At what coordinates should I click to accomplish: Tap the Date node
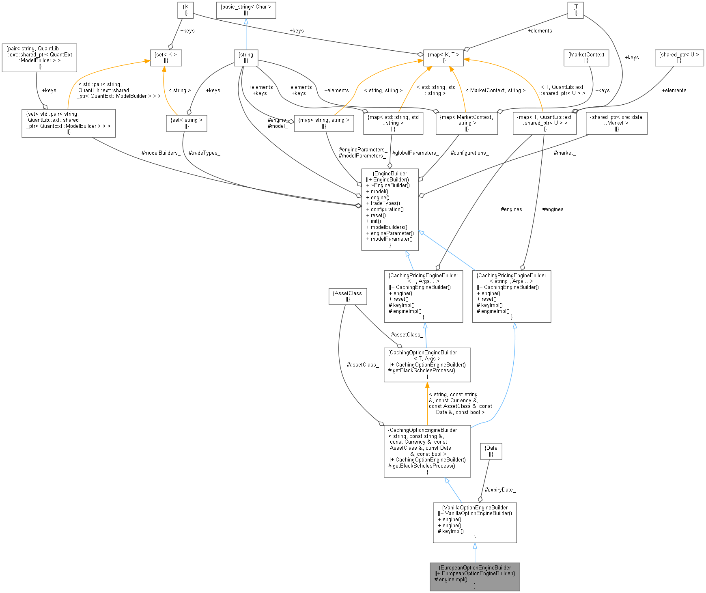click(x=491, y=451)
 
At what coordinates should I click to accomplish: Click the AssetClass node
click(x=347, y=296)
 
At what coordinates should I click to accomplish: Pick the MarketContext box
click(x=586, y=58)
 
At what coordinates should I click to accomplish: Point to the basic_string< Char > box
click(x=245, y=10)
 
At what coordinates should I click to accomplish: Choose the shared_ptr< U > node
click(x=679, y=58)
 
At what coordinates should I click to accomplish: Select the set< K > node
click(x=166, y=58)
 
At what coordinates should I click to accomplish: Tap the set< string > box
click(x=186, y=123)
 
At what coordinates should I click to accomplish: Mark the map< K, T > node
click(x=443, y=58)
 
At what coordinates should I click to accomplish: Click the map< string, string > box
click(x=323, y=123)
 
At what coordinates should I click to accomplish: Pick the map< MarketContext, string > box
click(x=466, y=123)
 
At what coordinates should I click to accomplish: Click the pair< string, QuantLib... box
click(x=39, y=58)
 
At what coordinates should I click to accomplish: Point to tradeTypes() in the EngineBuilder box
click(x=385, y=203)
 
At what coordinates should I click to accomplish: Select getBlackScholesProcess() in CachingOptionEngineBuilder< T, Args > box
click(x=424, y=371)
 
